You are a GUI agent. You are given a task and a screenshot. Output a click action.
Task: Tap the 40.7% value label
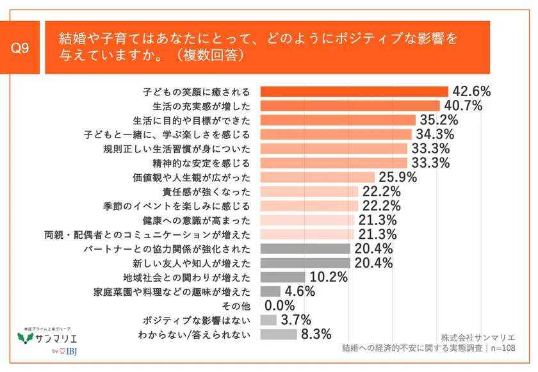462,106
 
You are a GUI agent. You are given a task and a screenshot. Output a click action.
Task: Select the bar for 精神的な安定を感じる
334,163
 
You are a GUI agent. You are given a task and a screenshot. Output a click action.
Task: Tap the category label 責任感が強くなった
211,191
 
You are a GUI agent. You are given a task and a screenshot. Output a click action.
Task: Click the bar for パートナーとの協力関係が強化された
305,248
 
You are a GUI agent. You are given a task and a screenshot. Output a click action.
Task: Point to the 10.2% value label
329,277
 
